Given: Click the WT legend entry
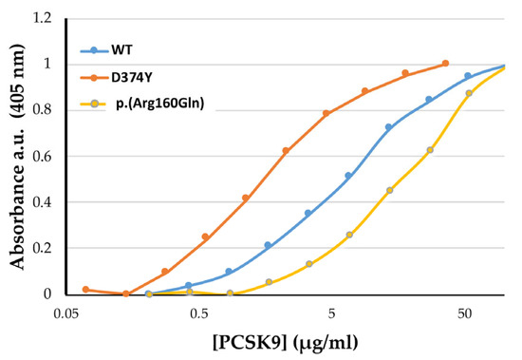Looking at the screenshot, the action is (106, 50).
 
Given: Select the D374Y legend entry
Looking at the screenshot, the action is (116, 78).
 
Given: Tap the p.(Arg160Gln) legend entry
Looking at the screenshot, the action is (142, 104).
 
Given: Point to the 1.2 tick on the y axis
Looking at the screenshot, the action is (43, 18).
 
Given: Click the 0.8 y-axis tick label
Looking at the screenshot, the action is (43, 110).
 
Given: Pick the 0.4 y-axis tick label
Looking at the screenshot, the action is (43, 202).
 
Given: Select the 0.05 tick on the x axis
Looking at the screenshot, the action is (67, 313).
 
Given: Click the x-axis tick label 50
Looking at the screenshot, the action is (465, 313).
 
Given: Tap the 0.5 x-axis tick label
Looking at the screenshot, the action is (199, 313).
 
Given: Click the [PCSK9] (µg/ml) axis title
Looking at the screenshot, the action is (286, 342).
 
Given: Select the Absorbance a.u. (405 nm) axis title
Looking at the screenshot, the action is (18, 157).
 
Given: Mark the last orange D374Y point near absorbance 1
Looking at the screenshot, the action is (445, 64).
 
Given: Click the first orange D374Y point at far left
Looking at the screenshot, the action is (85, 289).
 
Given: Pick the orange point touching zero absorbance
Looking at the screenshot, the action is (126, 294).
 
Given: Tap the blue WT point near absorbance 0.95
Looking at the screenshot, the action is (468, 76).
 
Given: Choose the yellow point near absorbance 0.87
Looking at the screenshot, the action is (469, 93).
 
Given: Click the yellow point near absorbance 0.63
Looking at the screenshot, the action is (430, 150).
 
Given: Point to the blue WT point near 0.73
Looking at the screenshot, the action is (388, 127).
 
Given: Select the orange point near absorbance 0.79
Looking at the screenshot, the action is (326, 113).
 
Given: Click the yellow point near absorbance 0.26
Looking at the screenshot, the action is (349, 235).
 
